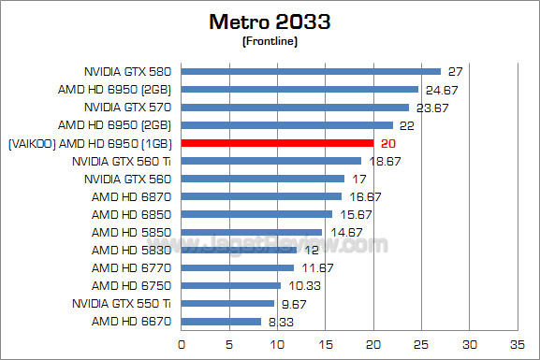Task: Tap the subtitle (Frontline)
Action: tap(270, 41)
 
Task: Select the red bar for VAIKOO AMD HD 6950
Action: tap(277, 143)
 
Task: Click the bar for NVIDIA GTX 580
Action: tap(311, 71)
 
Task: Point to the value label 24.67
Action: tap(439, 90)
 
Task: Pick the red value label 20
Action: tap(388, 143)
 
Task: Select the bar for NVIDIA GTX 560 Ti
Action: tap(270, 161)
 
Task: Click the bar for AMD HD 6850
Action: tap(256, 214)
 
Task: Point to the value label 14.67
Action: tap(343, 233)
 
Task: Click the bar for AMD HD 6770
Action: tap(237, 267)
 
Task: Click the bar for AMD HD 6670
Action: tap(221, 322)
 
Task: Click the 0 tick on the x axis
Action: tap(181, 343)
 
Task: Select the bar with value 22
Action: tap(286, 125)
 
